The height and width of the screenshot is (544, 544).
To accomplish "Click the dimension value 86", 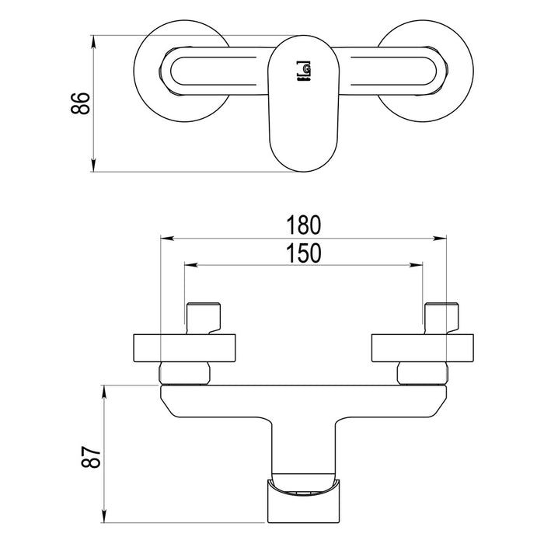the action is click(x=81, y=103).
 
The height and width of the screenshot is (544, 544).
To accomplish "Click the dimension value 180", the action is click(x=304, y=225).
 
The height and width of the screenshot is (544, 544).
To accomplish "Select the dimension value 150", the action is click(x=304, y=253).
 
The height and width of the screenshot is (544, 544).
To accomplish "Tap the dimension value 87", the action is click(x=91, y=457).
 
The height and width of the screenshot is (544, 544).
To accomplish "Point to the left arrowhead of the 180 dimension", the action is click(x=167, y=239).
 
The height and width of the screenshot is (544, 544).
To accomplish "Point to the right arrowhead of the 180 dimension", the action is click(x=440, y=239).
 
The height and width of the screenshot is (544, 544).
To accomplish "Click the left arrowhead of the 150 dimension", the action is click(x=191, y=265).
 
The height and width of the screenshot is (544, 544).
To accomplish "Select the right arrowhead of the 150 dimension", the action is click(x=416, y=265).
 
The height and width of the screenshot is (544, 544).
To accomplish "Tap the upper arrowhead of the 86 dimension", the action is click(x=94, y=42).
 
